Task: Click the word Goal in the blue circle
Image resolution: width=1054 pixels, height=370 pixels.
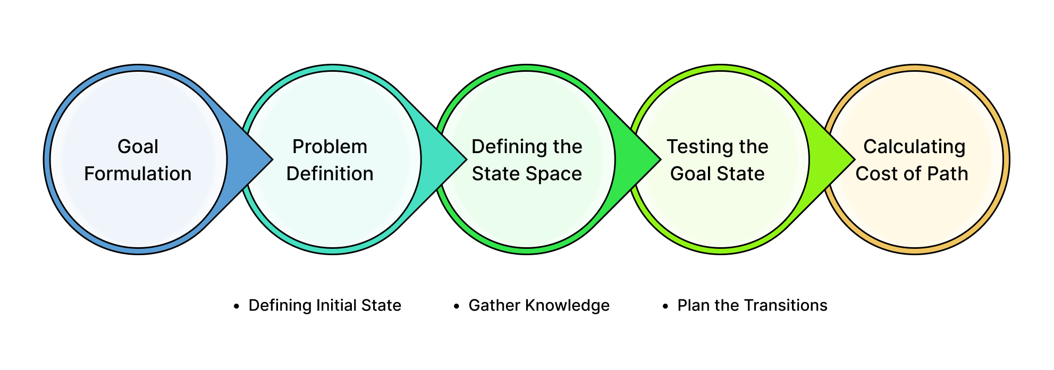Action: coord(138,147)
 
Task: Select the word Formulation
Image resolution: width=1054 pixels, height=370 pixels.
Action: coord(138,174)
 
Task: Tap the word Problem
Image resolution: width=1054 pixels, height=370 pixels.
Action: coord(330,147)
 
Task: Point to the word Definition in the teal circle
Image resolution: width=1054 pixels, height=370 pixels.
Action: coord(330,174)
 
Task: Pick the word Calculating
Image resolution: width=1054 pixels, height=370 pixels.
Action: coord(914,147)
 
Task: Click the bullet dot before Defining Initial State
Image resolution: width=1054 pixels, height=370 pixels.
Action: coord(237,307)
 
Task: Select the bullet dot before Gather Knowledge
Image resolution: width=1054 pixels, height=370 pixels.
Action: coord(457,307)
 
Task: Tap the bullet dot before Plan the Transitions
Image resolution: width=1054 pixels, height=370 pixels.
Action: coord(665,307)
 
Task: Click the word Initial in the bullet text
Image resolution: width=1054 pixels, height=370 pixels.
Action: coord(336,306)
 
